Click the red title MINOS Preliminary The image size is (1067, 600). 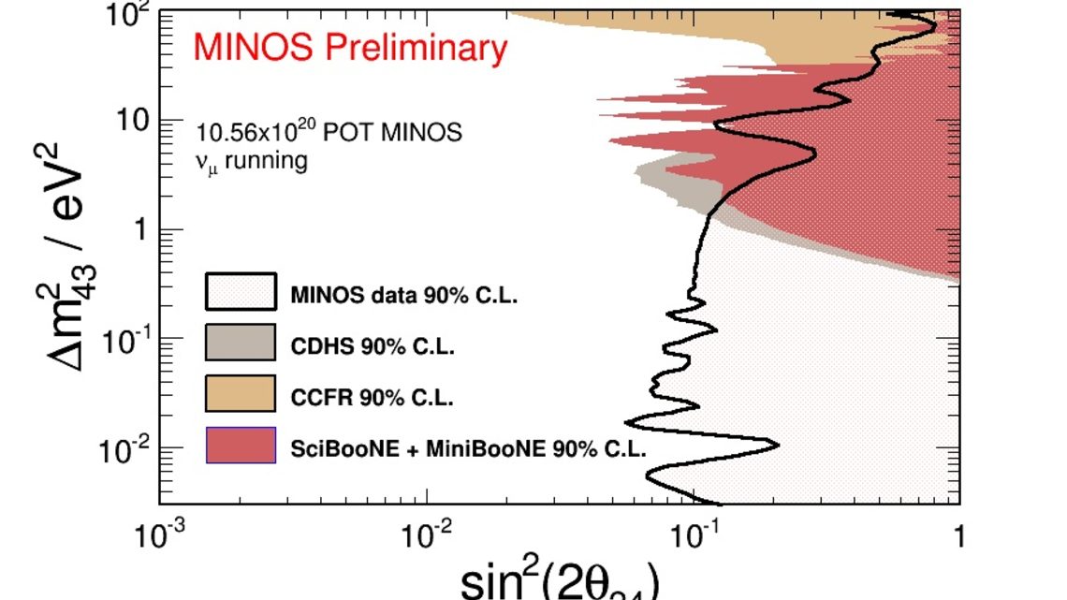pos(350,48)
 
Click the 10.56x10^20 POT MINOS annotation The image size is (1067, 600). pos(329,131)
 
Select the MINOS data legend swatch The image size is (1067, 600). pos(241,291)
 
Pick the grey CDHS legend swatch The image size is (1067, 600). pos(241,342)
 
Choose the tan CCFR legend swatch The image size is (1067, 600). pos(241,393)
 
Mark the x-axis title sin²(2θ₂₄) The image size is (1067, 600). pos(560,582)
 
